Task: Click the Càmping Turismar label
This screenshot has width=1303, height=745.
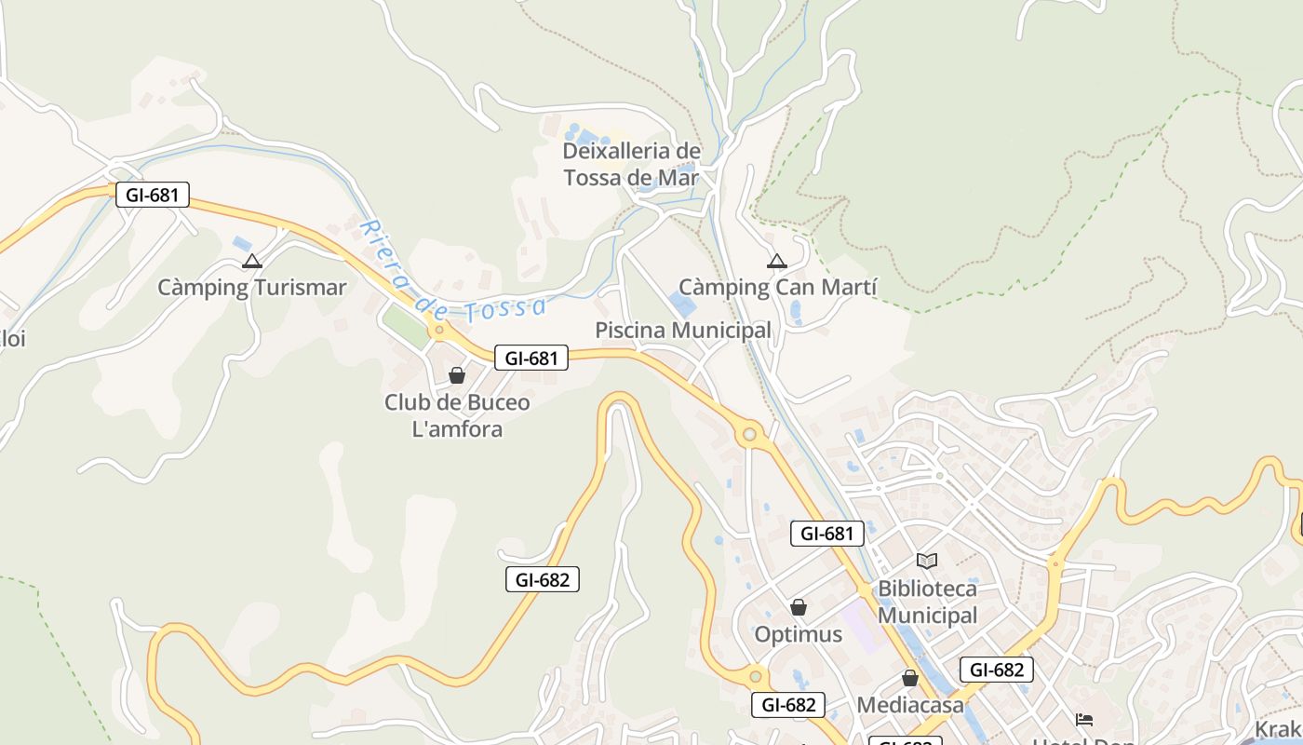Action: tap(251, 288)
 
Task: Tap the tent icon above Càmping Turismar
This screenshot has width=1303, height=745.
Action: tap(251, 262)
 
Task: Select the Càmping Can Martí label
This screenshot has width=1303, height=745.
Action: tap(777, 288)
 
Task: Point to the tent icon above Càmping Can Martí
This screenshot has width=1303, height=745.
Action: tap(777, 261)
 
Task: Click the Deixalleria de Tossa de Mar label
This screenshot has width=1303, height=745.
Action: tap(631, 164)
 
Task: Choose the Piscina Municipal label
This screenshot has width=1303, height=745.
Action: tap(683, 331)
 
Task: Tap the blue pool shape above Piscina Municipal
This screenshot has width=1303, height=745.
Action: tap(681, 304)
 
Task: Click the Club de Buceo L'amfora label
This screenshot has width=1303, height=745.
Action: tap(457, 415)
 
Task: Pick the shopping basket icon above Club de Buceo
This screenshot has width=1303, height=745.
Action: tap(457, 375)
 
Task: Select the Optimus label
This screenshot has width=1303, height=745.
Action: tap(799, 635)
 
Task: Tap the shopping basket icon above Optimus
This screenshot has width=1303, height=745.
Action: tap(799, 608)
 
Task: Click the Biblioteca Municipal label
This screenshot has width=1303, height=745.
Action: tap(928, 602)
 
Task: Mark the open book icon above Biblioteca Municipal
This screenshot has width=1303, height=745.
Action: tap(927, 561)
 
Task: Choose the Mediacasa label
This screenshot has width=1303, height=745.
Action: tap(910, 705)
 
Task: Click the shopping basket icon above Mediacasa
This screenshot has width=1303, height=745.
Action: tap(910, 678)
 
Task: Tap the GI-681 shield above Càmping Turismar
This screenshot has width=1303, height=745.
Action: tap(153, 195)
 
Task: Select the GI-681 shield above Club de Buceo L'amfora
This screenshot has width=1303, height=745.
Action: tap(531, 358)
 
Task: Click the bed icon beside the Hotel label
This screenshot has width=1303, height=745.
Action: tap(1084, 720)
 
